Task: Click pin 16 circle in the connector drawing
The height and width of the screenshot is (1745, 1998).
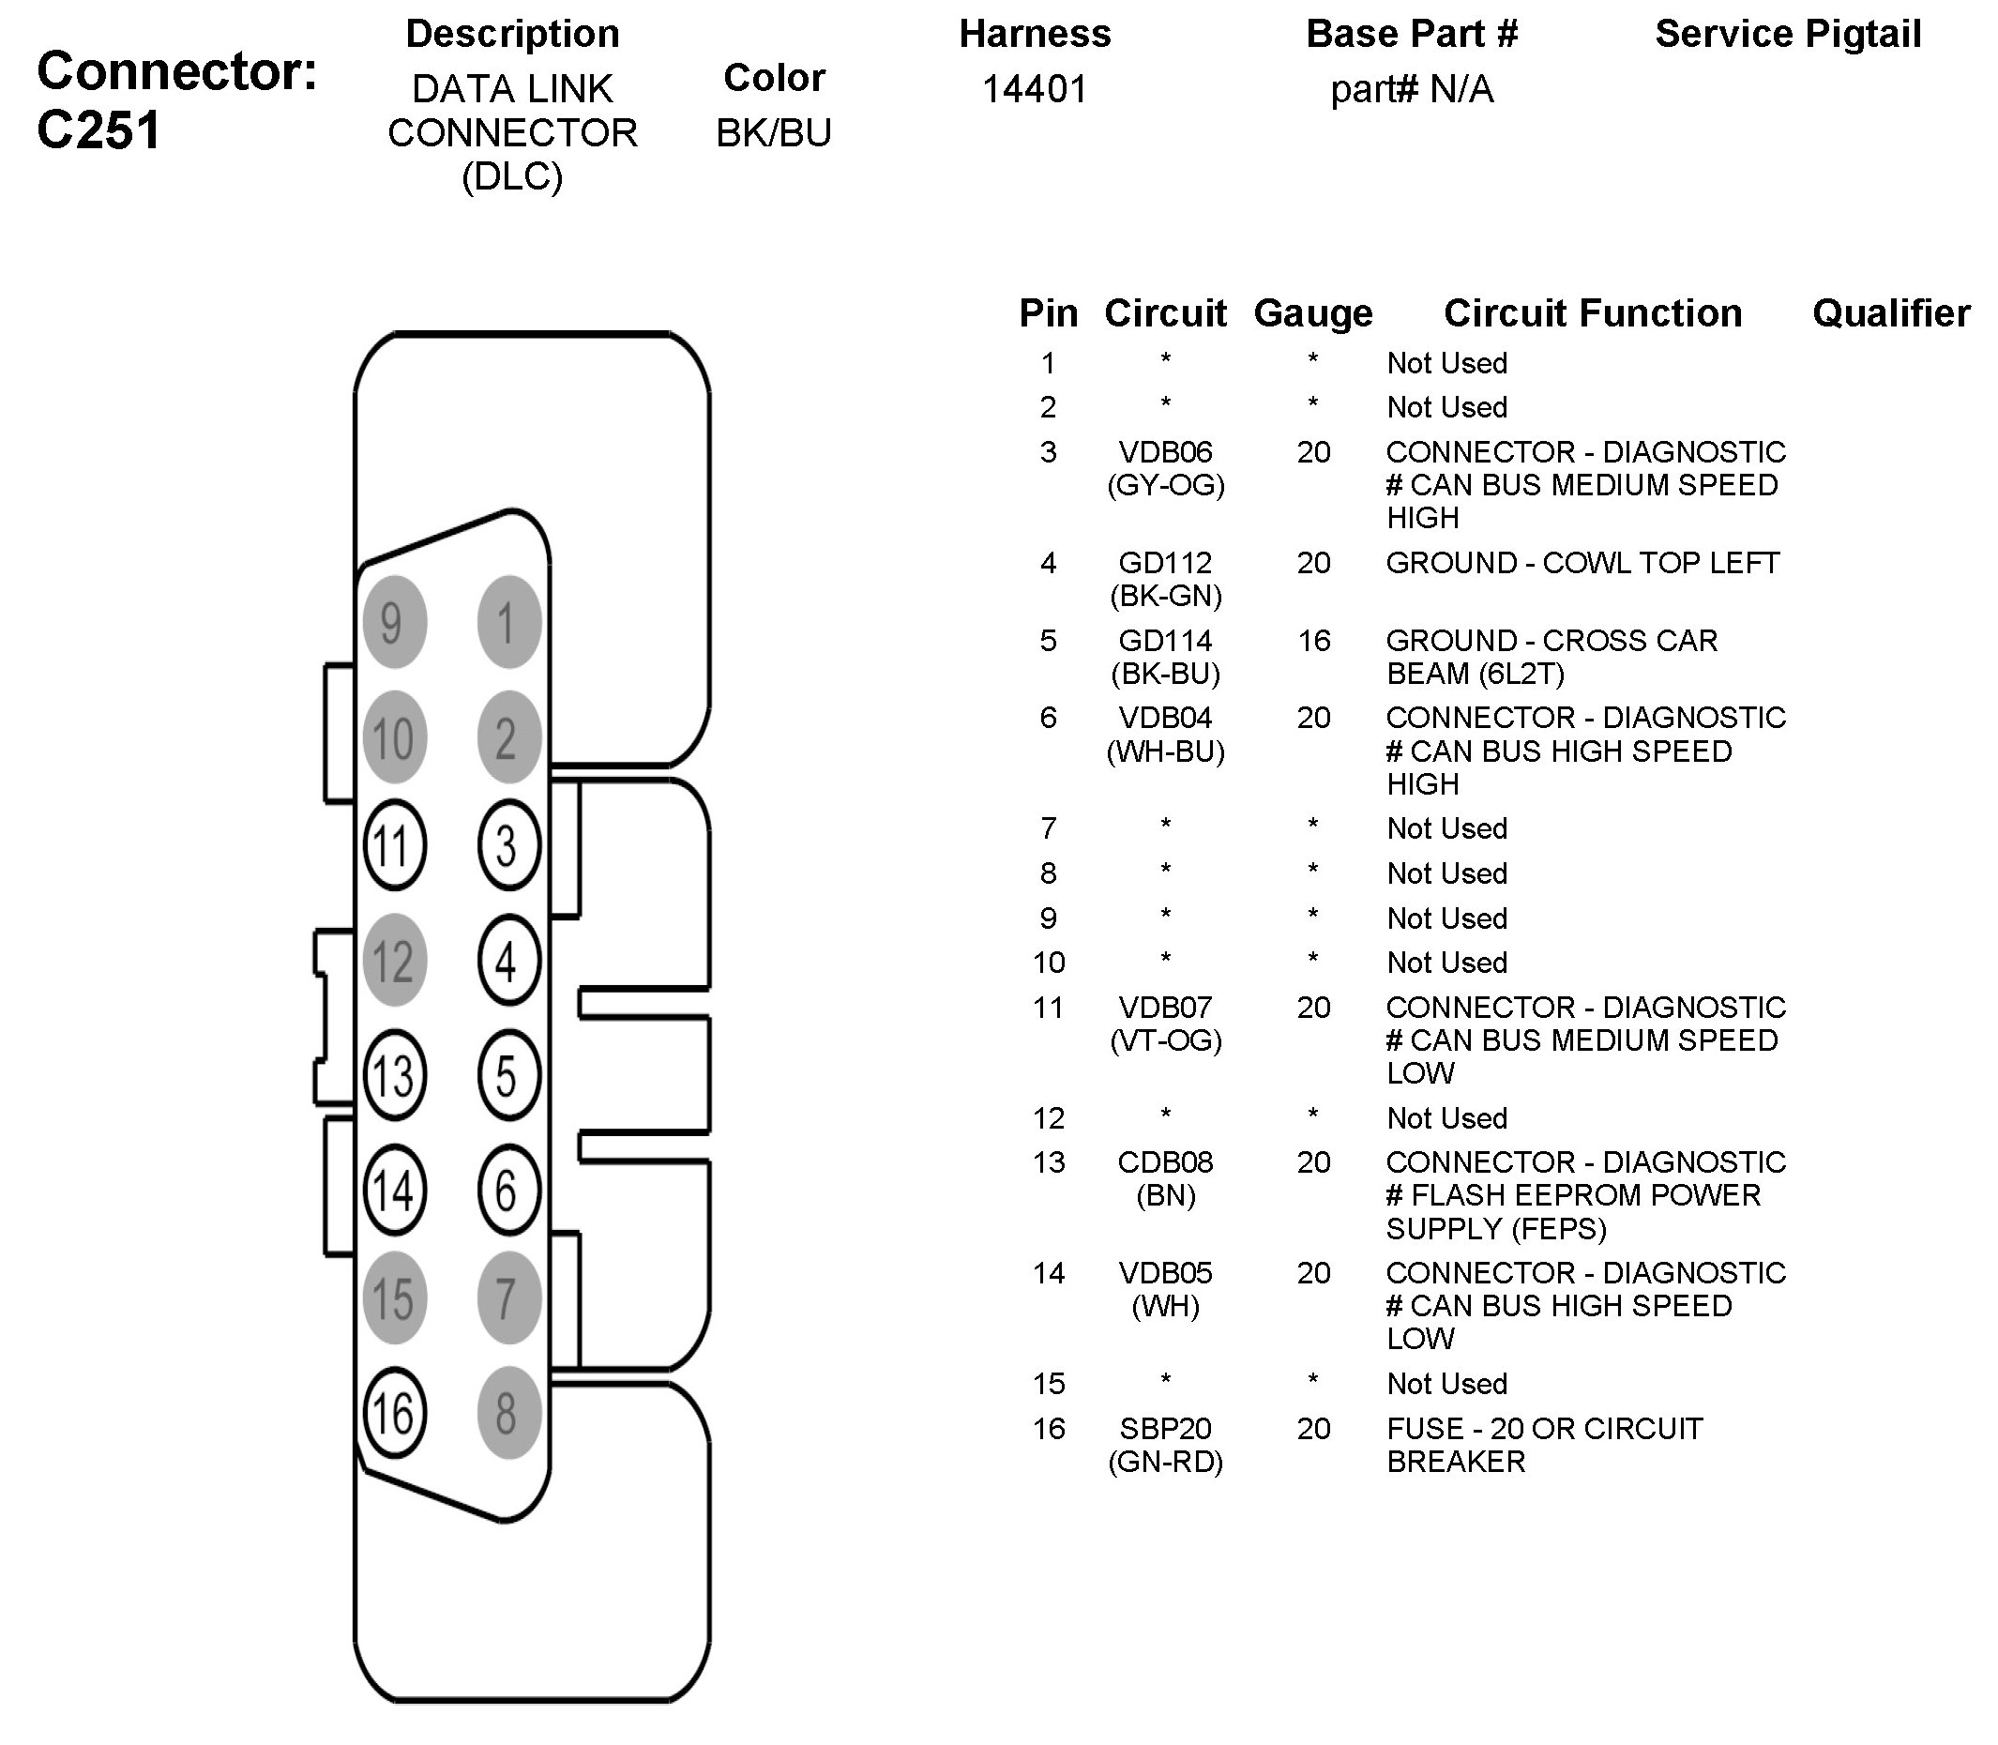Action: pos(394,1413)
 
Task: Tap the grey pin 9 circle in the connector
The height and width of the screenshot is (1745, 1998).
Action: pos(394,622)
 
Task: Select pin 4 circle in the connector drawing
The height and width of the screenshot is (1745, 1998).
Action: pos(508,961)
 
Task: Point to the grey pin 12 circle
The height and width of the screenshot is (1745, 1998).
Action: pos(394,961)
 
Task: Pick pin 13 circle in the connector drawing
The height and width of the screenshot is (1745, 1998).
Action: pos(394,1076)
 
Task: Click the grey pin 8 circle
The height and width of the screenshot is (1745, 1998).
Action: pos(508,1413)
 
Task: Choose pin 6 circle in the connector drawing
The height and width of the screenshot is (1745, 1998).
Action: pos(508,1190)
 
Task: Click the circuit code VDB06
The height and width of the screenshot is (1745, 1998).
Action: pos(1165,452)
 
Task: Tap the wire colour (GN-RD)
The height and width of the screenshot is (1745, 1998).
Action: pos(1165,1462)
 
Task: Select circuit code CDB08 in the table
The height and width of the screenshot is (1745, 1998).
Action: pos(1165,1161)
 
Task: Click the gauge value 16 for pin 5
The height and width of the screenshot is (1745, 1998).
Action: pos(1313,641)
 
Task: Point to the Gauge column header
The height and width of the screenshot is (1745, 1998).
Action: pos(1313,313)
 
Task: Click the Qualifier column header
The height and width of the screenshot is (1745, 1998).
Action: pos(1891,313)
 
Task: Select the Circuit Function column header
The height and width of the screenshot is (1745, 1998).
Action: pos(1593,313)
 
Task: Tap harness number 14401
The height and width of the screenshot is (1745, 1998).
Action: pos(1034,89)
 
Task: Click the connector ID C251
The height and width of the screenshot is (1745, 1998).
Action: pos(99,130)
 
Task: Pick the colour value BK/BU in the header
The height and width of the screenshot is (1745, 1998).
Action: pos(774,133)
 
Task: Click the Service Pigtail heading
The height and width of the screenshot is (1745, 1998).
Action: pos(1788,34)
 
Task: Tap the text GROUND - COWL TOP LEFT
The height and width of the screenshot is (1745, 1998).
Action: pos(1583,563)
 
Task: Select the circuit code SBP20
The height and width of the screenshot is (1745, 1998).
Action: pos(1165,1429)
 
